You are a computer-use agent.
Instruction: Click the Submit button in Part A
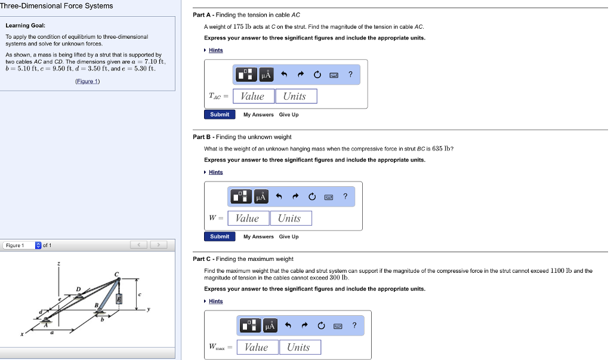point(220,115)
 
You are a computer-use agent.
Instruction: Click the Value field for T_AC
point(253,96)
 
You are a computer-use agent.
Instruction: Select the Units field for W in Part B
point(291,219)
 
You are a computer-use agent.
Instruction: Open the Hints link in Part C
point(215,301)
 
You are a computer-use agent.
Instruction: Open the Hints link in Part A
point(215,50)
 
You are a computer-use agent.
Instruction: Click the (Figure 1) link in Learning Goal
point(87,81)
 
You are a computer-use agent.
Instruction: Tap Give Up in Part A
point(289,115)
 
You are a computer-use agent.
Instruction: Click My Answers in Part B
point(258,237)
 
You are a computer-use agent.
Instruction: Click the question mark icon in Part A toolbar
point(350,74)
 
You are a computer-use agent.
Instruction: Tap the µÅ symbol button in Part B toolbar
point(261,196)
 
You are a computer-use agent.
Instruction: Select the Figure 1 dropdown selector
point(22,245)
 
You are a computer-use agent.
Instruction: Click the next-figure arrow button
point(159,245)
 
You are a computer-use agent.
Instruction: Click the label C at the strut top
point(117,273)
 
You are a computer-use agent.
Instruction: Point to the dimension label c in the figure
point(140,294)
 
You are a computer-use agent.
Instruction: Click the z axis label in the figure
point(58,263)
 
